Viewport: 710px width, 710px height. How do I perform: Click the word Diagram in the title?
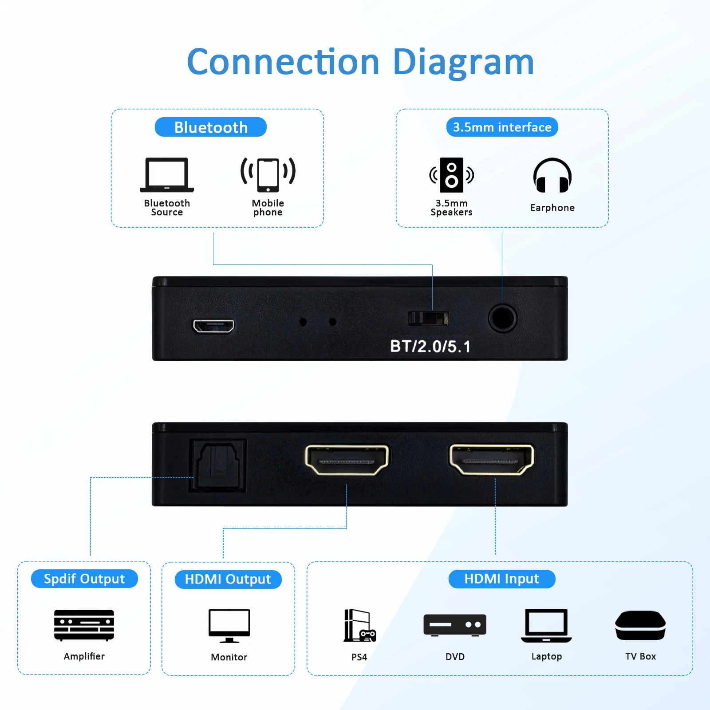(463, 63)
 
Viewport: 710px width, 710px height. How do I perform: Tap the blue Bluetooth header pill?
(211, 127)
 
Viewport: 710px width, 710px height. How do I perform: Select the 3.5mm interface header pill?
(502, 127)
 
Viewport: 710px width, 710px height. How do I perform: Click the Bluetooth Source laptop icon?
(167, 175)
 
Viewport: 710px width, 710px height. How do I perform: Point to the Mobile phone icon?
(268, 174)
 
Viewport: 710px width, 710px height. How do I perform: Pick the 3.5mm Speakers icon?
(452, 175)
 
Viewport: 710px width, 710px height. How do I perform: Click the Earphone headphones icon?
(552, 176)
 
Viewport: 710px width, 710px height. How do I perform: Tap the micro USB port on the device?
(213, 326)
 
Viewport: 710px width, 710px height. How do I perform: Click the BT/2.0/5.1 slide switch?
(428, 318)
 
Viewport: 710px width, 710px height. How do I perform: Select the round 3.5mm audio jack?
(502, 318)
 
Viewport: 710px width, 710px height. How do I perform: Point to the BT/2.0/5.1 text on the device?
(430, 347)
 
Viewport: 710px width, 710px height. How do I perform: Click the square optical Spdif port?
(218, 465)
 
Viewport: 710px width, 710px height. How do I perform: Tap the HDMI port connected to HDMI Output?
(347, 460)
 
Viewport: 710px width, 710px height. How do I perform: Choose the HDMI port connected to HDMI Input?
(492, 460)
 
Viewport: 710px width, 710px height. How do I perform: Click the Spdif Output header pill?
(84, 579)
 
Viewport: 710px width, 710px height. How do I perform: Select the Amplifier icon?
(84, 625)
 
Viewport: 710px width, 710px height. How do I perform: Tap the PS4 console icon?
(359, 626)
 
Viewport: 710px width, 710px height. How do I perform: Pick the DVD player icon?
(455, 625)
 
